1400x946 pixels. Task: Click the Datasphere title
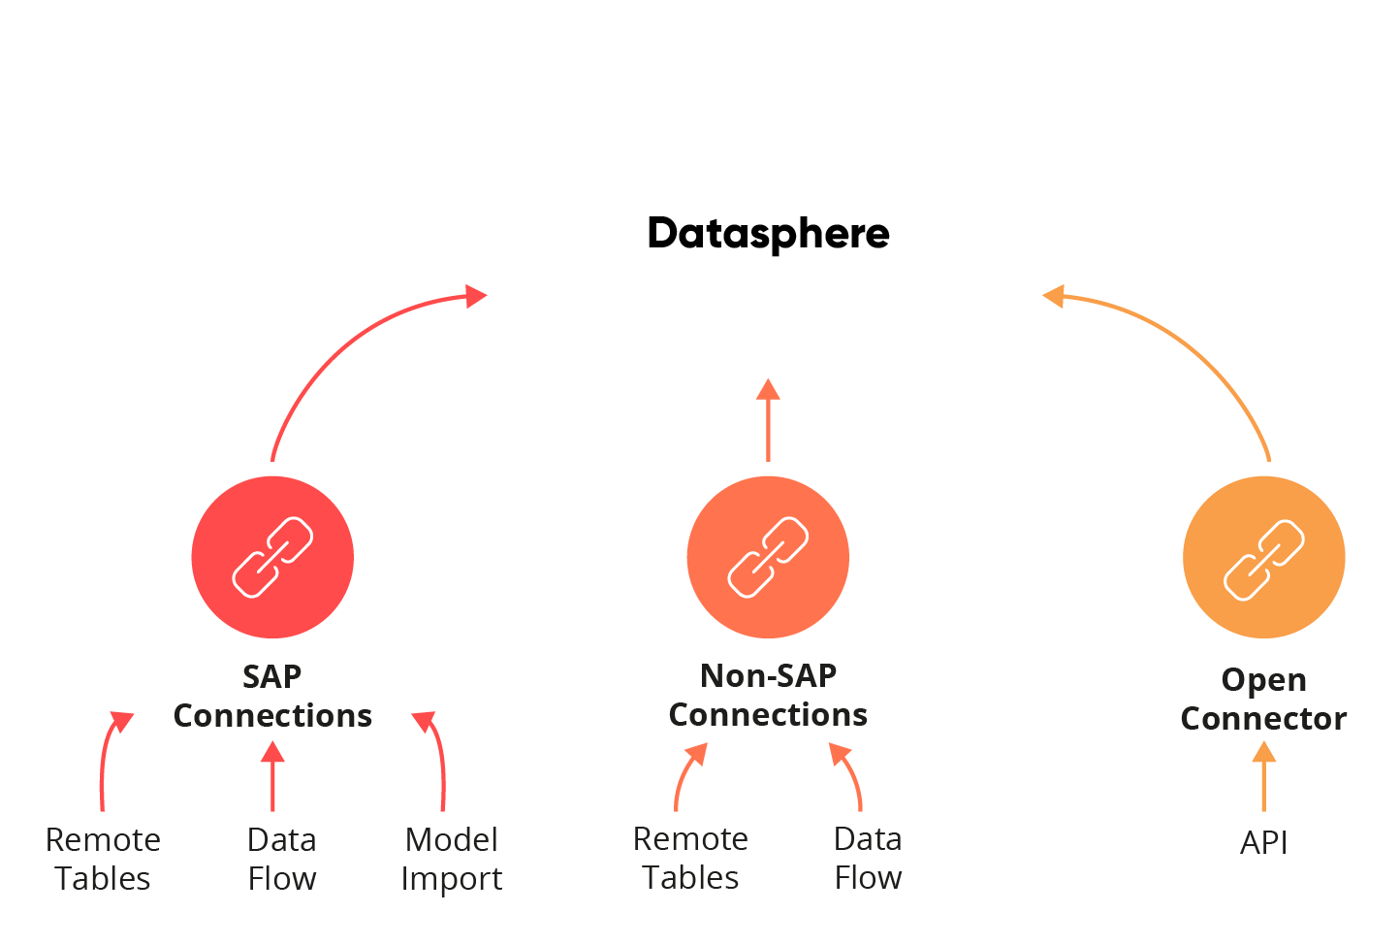pyautogui.click(x=768, y=234)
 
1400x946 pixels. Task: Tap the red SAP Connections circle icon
pyautogui.click(x=272, y=557)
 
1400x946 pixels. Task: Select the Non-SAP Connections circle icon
pyautogui.click(x=768, y=557)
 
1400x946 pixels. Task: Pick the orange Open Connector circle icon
pyautogui.click(x=1263, y=557)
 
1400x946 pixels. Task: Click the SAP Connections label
pyautogui.click(x=272, y=696)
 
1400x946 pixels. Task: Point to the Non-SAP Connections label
pyautogui.click(x=768, y=695)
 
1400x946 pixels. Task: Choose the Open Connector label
pyautogui.click(x=1263, y=699)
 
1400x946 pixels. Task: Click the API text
pyautogui.click(x=1263, y=842)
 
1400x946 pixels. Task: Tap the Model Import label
pyautogui.click(x=452, y=859)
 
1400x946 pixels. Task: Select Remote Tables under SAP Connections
pyautogui.click(x=103, y=859)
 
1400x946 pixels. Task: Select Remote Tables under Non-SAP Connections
pyautogui.click(x=690, y=858)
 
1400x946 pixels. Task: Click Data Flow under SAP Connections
pyautogui.click(x=282, y=859)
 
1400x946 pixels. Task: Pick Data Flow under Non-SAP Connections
pyautogui.click(x=868, y=858)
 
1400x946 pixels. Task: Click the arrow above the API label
pyautogui.click(x=1263, y=776)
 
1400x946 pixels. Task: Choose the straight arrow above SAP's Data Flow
pyautogui.click(x=272, y=776)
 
